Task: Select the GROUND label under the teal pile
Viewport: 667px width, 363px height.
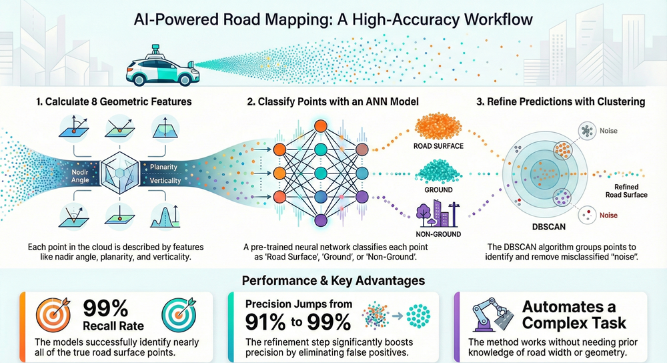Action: point(438,190)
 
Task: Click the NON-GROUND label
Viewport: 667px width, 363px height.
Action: point(438,235)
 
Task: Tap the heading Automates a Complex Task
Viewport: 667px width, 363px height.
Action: point(574,315)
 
